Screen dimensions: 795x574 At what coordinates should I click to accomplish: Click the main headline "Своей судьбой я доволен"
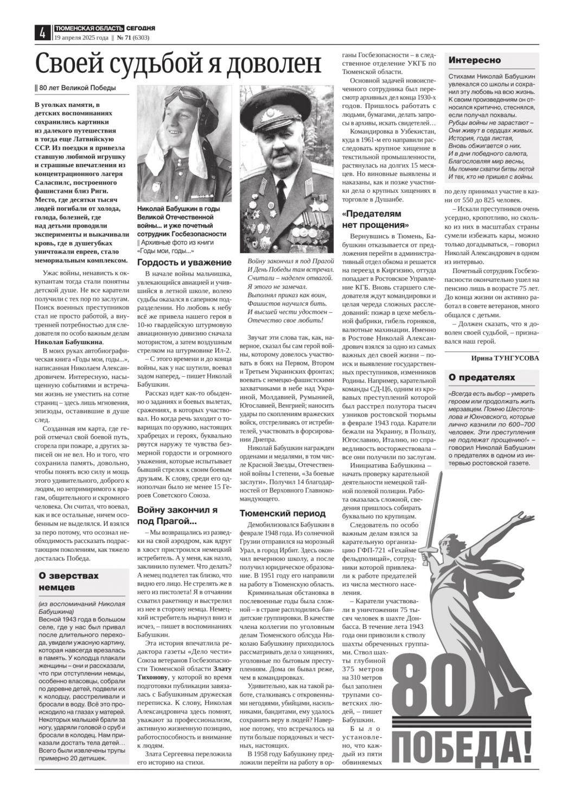(x=178, y=64)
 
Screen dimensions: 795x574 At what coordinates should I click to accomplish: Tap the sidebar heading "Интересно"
(x=475, y=60)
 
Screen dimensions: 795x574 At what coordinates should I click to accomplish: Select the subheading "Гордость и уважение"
(x=184, y=262)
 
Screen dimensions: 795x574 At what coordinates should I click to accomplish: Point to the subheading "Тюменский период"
(x=283, y=513)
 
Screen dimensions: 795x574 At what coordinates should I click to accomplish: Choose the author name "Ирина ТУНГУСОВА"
(x=505, y=358)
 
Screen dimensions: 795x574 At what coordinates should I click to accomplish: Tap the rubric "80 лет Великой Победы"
(x=76, y=88)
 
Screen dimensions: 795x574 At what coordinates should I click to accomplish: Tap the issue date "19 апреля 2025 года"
(x=81, y=38)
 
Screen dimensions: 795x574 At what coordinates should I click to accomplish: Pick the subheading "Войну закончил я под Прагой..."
(x=177, y=515)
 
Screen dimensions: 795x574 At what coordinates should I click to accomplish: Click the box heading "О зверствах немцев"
(x=69, y=581)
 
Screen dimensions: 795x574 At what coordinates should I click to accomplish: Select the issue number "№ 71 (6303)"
(x=133, y=38)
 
